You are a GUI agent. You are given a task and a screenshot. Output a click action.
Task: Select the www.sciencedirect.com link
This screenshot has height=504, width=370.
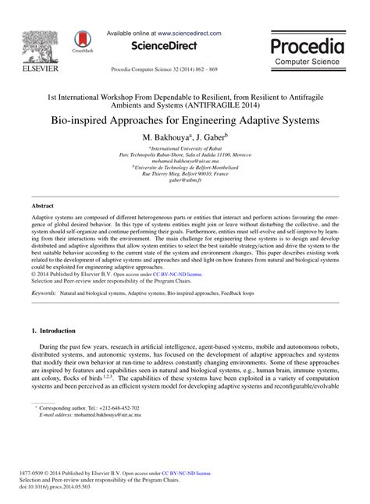(189, 34)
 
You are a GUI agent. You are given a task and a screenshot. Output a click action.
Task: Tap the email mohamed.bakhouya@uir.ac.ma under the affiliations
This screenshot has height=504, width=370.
(185, 160)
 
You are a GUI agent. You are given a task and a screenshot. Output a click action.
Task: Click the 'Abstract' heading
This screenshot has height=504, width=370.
(41, 207)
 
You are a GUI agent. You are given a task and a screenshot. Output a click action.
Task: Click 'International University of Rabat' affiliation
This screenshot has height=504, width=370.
(185, 147)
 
